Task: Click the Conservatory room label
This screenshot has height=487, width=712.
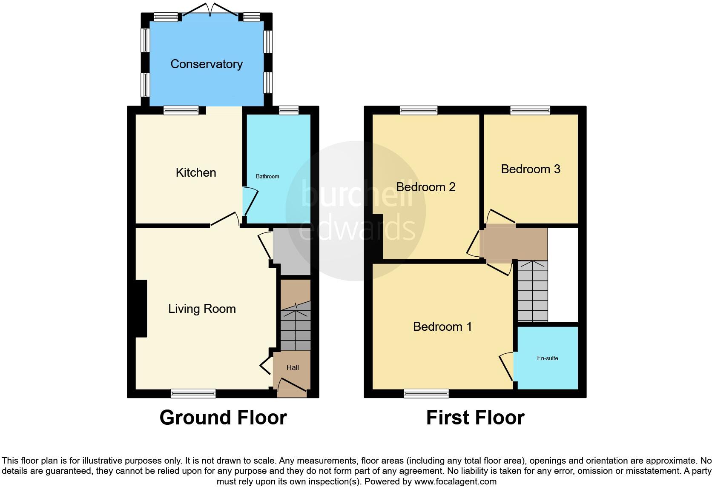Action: point(207,64)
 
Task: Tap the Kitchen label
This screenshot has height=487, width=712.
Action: point(196,172)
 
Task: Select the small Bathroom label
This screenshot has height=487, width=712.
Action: point(267,176)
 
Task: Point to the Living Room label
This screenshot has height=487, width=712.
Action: point(202,309)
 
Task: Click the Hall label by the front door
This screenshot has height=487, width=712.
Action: point(293,367)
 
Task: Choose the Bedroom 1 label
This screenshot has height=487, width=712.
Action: point(442,327)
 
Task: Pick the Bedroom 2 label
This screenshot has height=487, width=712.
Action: point(426,187)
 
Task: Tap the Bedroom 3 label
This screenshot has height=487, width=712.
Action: point(531,169)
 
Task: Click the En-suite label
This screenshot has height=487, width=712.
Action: point(548,358)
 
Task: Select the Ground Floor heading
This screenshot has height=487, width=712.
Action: point(223,418)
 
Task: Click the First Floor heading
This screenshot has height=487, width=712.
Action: point(475,418)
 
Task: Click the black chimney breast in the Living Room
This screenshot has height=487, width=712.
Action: point(141,309)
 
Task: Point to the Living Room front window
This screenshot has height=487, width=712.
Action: point(193,394)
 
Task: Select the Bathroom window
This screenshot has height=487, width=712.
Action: point(289,111)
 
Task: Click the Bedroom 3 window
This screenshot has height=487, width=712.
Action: point(530,111)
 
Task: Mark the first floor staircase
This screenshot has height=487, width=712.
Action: point(532,292)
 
